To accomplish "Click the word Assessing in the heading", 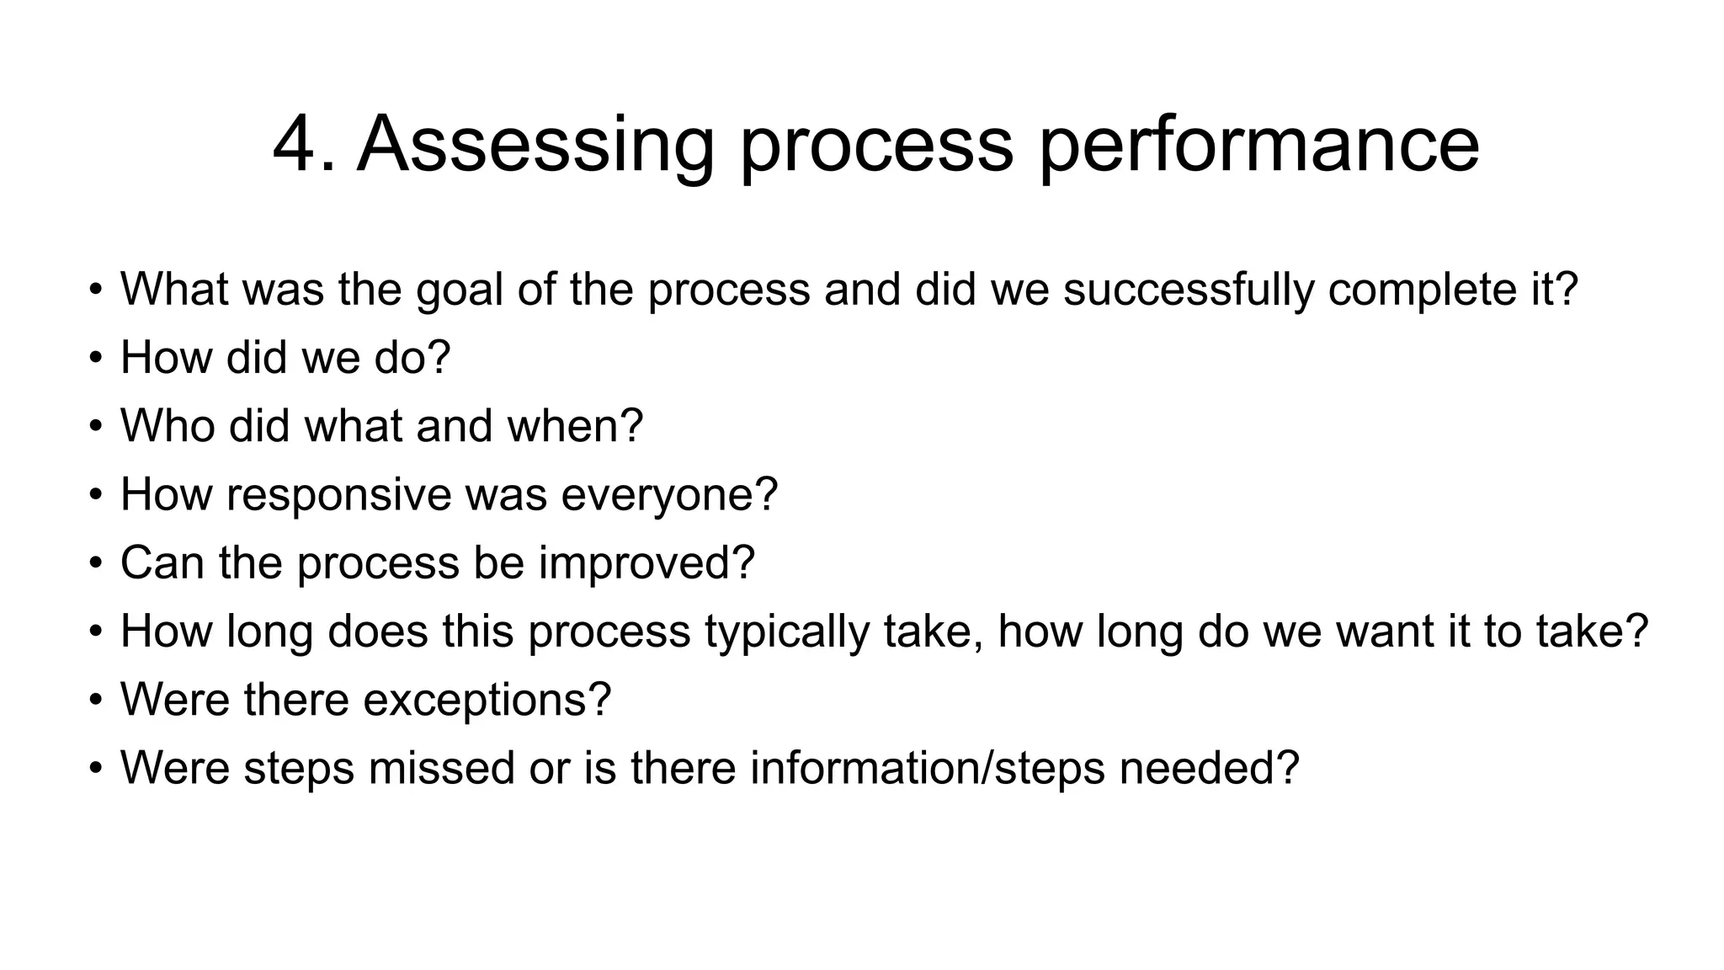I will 535,145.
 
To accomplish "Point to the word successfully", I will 1188,290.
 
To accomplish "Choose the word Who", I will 168,426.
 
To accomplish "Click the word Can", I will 162,562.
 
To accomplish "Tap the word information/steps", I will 927,768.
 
